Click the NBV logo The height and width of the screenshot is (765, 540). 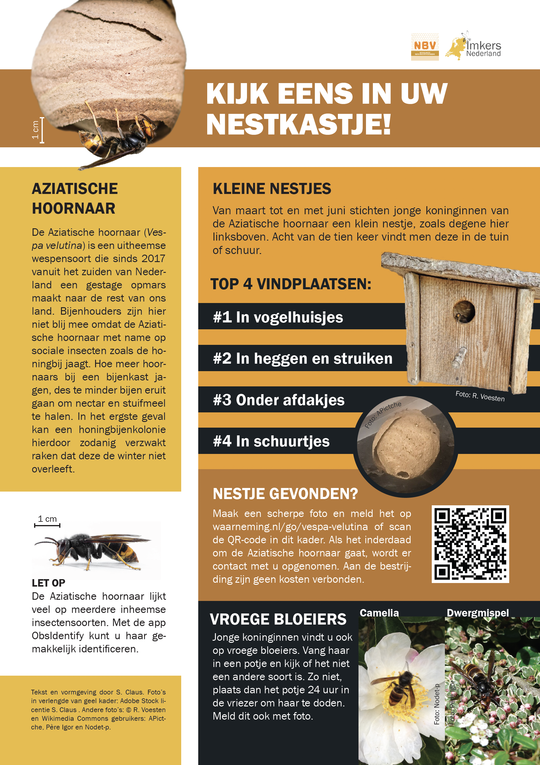click(425, 47)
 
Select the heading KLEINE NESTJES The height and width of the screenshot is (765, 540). click(272, 189)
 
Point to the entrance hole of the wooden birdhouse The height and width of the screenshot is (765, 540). click(464, 312)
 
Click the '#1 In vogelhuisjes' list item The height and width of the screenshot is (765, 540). click(278, 317)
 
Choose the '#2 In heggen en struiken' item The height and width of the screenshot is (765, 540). click(302, 359)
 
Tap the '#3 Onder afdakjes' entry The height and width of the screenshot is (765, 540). click(278, 400)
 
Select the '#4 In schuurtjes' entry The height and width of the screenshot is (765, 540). click(271, 441)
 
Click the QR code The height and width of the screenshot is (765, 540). click(470, 544)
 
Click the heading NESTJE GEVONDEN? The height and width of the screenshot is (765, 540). click(285, 494)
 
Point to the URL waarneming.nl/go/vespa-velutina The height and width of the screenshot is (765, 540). click(290, 527)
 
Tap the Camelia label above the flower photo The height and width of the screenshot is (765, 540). click(379, 613)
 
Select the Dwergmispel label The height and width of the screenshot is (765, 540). click(477, 613)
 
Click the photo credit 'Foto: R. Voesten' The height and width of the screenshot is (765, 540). click(480, 396)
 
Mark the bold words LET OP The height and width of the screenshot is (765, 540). click(48, 583)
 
